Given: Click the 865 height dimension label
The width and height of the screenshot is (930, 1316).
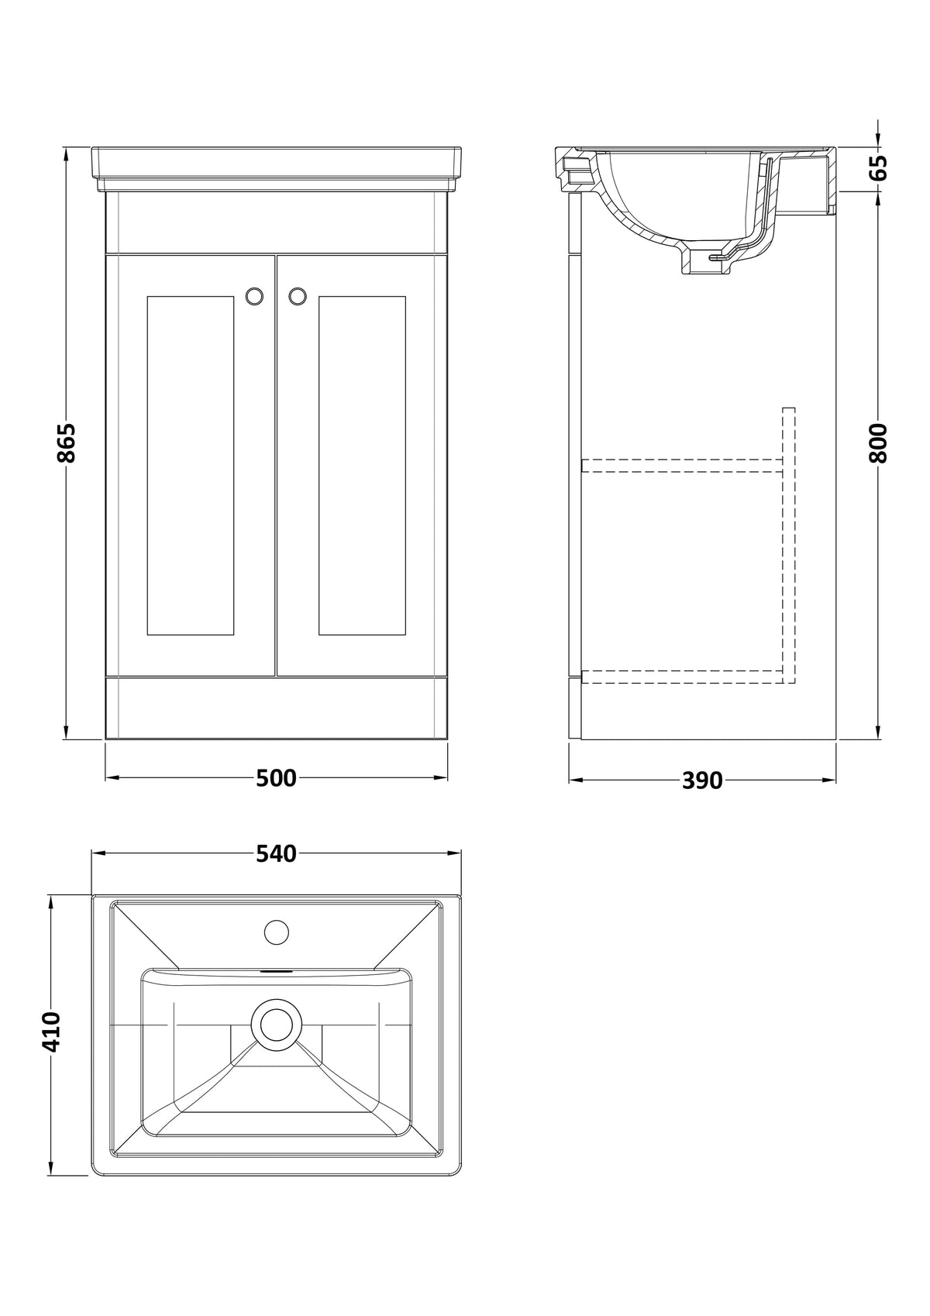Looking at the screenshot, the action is coord(67,443).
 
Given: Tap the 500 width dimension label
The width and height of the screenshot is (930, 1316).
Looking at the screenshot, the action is coord(276,778).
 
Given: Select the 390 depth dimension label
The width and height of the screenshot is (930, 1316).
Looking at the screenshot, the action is coord(702,780).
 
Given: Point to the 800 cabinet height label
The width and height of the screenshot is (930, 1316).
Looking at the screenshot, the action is coord(877,443).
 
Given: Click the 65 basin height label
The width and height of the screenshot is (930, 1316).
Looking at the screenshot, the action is coord(877,168).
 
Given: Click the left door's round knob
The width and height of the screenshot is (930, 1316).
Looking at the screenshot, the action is coord(254,296).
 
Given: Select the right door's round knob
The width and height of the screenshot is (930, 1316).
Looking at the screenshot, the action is coord(298,296).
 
